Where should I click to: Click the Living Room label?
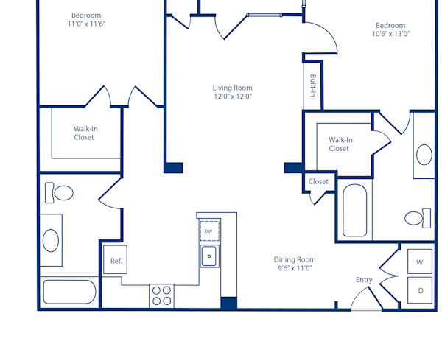click(233, 92)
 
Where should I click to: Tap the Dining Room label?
click(295, 264)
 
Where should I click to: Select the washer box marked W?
click(420, 262)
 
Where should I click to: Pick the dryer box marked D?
click(420, 290)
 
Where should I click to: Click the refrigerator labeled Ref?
click(116, 260)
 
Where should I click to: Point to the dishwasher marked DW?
click(209, 231)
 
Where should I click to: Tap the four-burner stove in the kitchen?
click(161, 295)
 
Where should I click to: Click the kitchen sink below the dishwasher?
click(209, 257)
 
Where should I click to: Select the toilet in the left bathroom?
click(60, 194)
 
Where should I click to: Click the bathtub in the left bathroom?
click(69, 292)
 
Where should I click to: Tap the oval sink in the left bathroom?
click(51, 239)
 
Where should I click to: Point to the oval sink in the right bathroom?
click(424, 155)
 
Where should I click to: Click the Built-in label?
click(313, 85)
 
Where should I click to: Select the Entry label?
click(364, 280)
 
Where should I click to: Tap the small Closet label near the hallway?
click(318, 181)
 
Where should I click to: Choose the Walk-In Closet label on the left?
click(84, 133)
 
